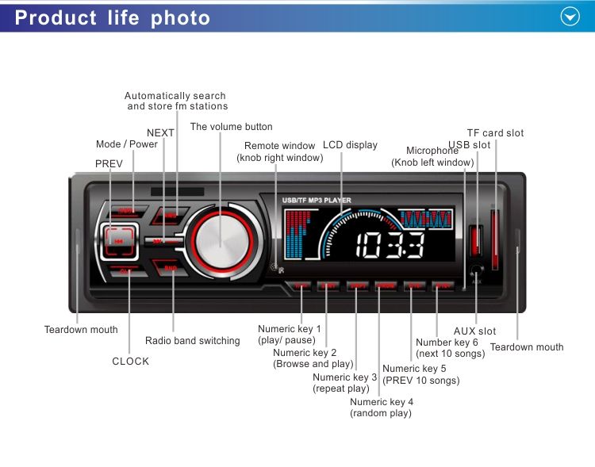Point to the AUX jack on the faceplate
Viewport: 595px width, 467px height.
pos(475,270)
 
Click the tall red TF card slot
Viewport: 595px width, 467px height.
pos(495,238)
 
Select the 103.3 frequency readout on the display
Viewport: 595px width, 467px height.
pos(390,245)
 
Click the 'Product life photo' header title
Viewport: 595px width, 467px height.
pos(113,17)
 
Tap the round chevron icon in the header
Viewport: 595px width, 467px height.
pos(570,17)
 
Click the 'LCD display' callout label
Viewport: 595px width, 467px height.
pos(350,146)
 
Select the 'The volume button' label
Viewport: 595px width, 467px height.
pos(231,127)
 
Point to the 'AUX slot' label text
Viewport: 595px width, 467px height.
pos(474,331)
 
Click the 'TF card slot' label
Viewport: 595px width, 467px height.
pos(495,133)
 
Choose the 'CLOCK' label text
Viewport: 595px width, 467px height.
pos(131,362)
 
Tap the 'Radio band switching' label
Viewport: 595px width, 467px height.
pos(192,341)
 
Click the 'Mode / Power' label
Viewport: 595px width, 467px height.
pos(127,144)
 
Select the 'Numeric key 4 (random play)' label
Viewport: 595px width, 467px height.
pos(382,408)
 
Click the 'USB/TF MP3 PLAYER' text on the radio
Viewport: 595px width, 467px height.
pos(317,201)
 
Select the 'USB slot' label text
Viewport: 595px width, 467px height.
pos(469,145)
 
